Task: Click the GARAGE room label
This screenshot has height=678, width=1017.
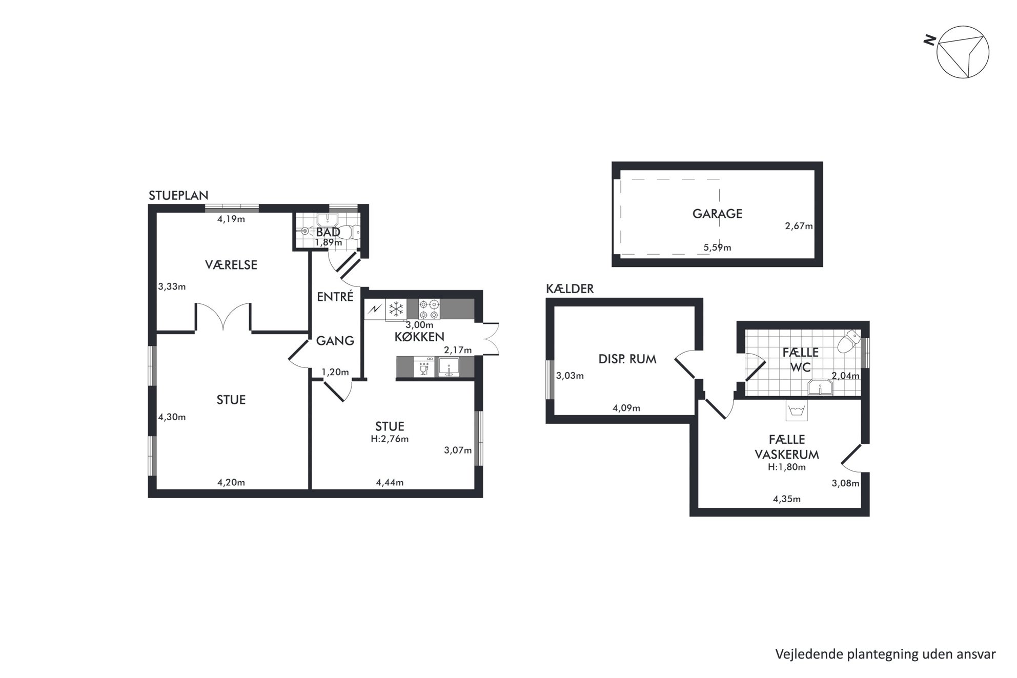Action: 717,214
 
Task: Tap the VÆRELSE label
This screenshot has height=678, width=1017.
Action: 231,265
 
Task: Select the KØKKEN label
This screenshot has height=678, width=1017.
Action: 419,337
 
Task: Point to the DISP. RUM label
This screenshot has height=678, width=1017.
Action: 627,359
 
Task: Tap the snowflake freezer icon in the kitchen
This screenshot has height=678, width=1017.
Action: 396,309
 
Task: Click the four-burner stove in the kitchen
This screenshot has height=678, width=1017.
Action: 429,309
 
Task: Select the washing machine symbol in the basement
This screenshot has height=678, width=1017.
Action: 796,410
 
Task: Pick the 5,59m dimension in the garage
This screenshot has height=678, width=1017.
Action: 717,248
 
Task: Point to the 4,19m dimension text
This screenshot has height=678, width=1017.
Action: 231,219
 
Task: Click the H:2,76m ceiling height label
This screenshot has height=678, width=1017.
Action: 390,439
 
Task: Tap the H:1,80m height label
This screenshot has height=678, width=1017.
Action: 787,467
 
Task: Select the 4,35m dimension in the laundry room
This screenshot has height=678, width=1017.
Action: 786,499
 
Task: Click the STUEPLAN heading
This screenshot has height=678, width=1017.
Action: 178,195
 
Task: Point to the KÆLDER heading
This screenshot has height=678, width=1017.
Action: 570,289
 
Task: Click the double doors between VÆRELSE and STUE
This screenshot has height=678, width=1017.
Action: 223,316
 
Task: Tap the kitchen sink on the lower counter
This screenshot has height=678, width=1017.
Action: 449,367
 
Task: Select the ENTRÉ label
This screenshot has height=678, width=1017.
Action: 335,297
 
